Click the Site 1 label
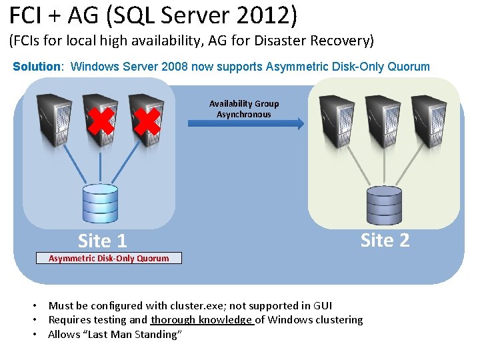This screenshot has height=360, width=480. (102, 240)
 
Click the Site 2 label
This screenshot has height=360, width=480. (385, 240)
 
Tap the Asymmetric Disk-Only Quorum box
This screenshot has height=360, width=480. (109, 258)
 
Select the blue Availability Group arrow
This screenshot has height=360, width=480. (246, 123)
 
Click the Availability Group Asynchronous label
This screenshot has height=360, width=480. (244, 109)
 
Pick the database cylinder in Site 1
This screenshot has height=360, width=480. (100, 203)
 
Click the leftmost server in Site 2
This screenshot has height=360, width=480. (337, 118)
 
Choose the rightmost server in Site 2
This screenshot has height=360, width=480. (428, 118)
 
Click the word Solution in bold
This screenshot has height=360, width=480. (37, 67)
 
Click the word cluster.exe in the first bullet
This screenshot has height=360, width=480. (196, 305)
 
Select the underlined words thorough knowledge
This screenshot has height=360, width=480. (202, 320)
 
